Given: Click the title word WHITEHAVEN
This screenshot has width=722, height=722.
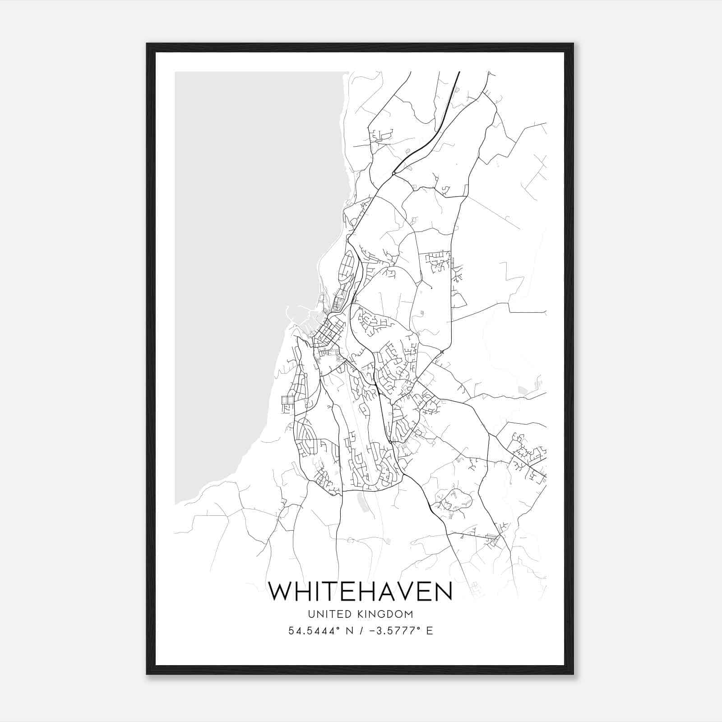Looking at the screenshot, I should coord(360,591).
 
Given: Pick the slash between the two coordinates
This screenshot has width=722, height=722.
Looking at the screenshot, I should coord(361,631).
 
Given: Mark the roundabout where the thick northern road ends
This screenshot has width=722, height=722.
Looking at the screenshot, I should coord(394,173).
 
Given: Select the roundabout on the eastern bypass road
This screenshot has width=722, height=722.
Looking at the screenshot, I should coord(442,352).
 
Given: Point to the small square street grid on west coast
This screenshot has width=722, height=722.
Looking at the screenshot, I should coord(287,400).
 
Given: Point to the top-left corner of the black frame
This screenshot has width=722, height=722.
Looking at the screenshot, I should coord(147,44).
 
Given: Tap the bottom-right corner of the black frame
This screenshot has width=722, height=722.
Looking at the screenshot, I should coord(573,674).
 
